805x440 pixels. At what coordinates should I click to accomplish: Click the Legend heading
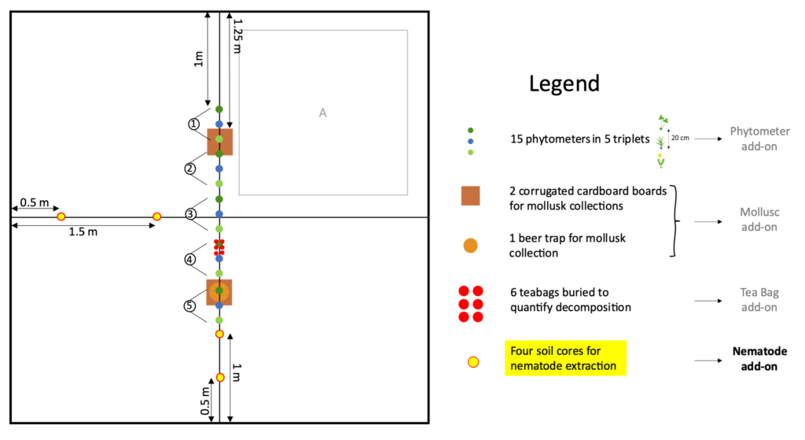(x=564, y=83)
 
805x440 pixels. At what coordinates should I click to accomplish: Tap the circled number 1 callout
(x=193, y=124)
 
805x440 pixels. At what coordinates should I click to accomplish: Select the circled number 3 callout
(x=190, y=214)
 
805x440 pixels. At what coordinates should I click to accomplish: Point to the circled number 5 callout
(x=189, y=306)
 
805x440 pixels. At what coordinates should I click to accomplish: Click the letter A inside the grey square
(x=322, y=113)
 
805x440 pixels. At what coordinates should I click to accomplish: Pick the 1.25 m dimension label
(x=237, y=36)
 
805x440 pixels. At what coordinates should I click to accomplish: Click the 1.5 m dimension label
(x=83, y=232)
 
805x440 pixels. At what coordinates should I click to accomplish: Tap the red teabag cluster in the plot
(x=219, y=247)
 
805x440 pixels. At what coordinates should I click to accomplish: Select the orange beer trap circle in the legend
(x=470, y=246)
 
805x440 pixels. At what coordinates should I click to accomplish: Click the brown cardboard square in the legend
(x=470, y=196)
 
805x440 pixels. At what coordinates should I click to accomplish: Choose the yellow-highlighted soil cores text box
(x=565, y=358)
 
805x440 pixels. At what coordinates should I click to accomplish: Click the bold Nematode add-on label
(x=759, y=359)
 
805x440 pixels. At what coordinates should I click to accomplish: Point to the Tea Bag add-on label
(x=759, y=300)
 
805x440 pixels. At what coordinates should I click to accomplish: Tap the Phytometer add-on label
(x=759, y=139)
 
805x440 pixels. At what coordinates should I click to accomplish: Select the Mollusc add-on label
(x=759, y=220)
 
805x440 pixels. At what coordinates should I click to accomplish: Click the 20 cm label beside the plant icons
(x=680, y=138)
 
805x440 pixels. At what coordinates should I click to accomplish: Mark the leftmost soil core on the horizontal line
(x=61, y=217)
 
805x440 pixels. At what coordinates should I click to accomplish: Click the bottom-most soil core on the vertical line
(x=220, y=377)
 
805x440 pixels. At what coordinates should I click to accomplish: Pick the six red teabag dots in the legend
(x=471, y=304)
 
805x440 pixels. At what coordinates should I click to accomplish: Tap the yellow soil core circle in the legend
(x=472, y=362)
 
